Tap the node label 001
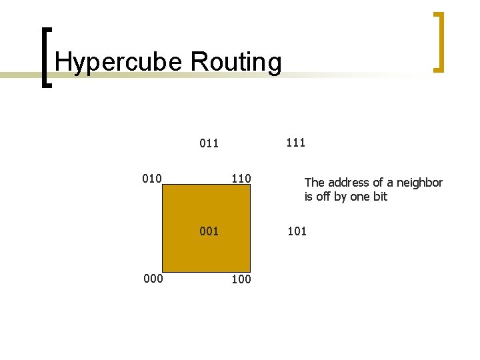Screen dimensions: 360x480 click(209, 232)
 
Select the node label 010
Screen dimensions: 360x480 click(152, 178)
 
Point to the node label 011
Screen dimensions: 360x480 click(209, 143)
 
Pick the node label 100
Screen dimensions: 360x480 click(241, 279)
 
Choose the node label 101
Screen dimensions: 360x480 click(297, 232)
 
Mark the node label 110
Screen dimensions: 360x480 click(241, 179)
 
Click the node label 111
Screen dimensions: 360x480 click(295, 142)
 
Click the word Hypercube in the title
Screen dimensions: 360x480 click(119, 62)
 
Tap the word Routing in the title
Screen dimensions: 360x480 click(236, 62)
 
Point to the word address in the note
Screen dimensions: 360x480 click(349, 183)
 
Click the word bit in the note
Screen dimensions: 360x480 click(380, 197)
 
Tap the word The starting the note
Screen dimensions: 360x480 click(315, 183)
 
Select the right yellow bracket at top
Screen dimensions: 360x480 click(438, 41)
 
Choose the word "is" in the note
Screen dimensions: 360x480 click(309, 197)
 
